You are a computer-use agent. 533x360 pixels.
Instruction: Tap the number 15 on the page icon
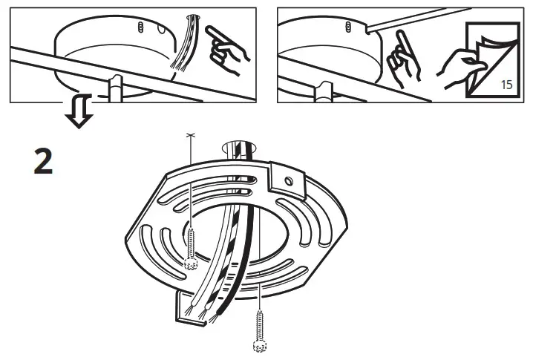[x=507, y=84]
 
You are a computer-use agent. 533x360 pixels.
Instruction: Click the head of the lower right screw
[x=259, y=345]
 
